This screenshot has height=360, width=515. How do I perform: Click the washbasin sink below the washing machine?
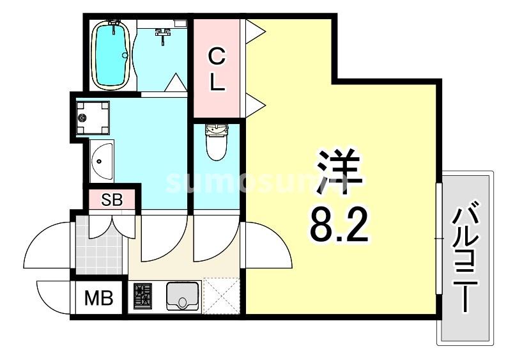click(x=102, y=161)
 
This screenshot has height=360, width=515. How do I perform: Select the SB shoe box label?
click(x=112, y=200)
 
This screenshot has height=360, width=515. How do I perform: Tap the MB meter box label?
click(x=98, y=298)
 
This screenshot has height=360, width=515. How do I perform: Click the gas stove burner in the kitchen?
click(x=142, y=295)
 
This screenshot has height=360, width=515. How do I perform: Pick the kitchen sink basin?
click(x=183, y=296)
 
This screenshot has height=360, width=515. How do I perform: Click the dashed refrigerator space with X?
click(x=220, y=295)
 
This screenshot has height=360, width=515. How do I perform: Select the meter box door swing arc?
click(x=52, y=293)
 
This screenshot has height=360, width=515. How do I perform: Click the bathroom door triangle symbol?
click(x=174, y=82)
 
